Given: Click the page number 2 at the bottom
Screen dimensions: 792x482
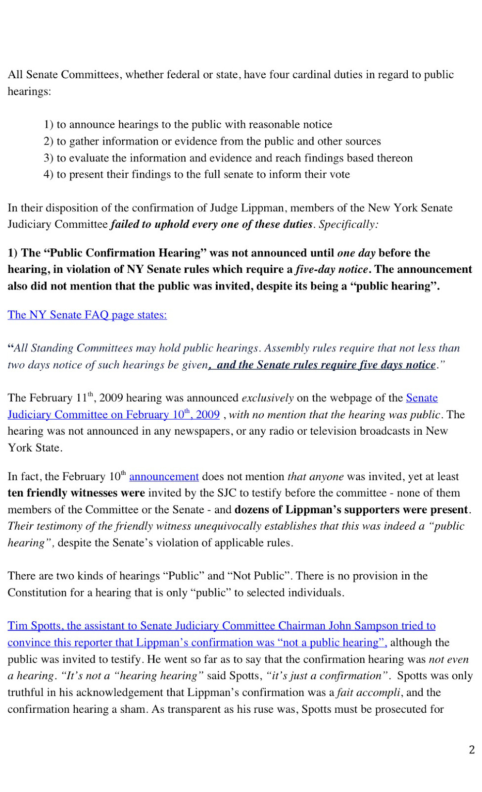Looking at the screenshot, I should pos(472,749).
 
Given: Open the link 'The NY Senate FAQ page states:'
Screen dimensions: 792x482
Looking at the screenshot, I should pos(87,315).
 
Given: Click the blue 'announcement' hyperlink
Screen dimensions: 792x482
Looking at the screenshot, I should pos(164,476).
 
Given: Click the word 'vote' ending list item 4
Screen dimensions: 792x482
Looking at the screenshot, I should pos(339,174).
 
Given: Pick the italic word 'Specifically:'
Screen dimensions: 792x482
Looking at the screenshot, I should pos(348,224).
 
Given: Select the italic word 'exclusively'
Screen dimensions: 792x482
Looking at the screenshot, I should pos(267,398).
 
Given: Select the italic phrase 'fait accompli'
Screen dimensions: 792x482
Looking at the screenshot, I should pos(368,693).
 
